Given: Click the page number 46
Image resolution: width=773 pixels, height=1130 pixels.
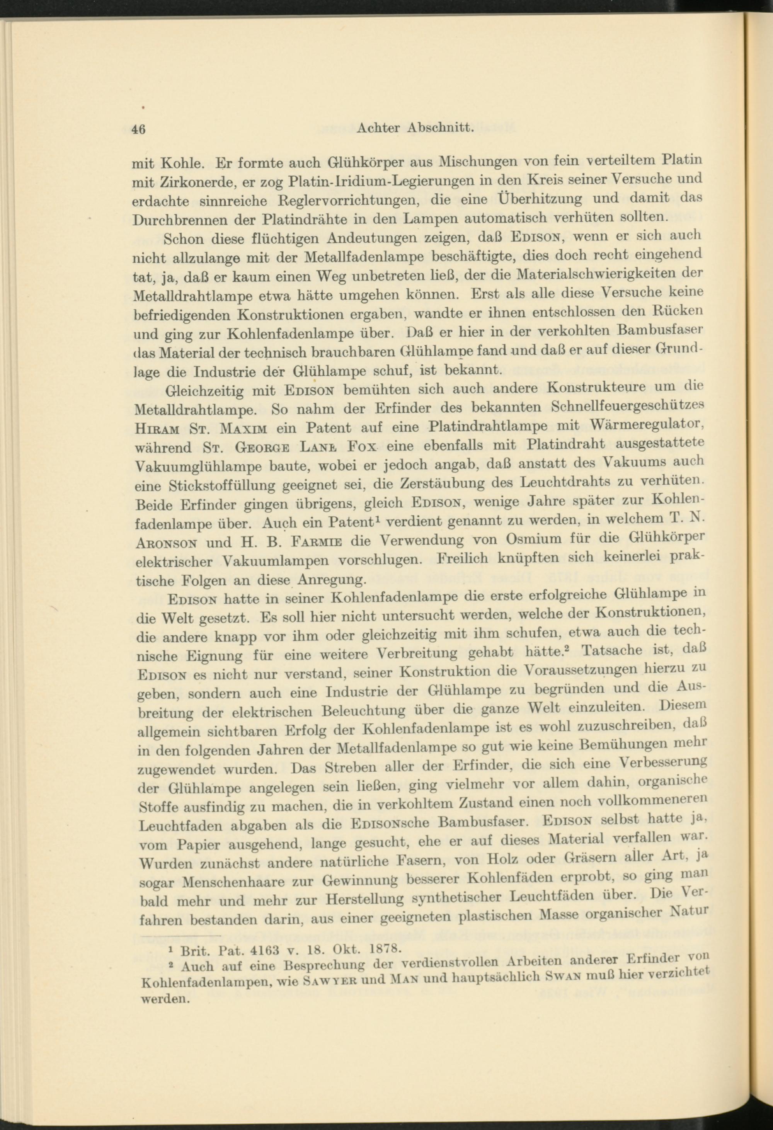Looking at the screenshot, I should [x=138, y=129].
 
